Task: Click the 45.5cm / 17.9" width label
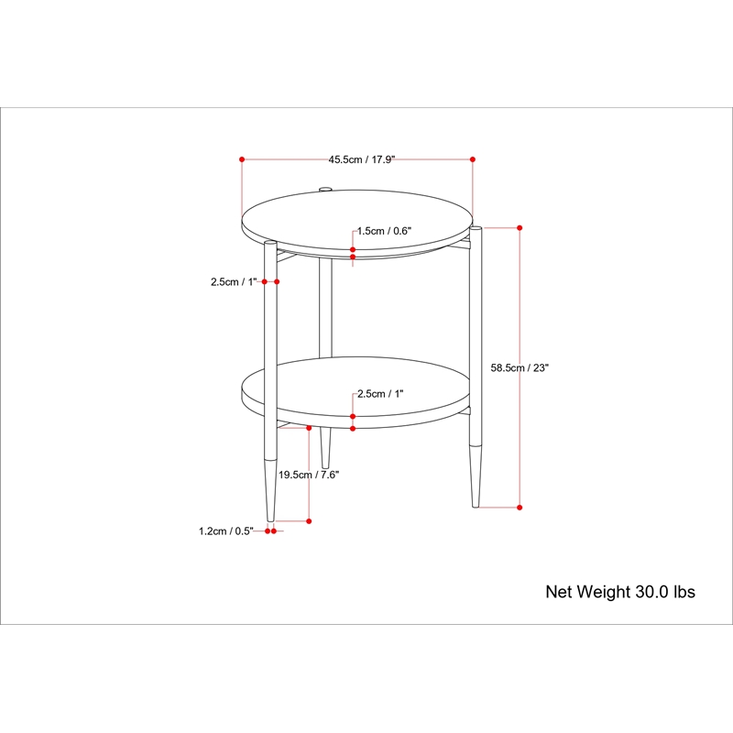click(361, 159)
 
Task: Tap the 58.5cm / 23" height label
click(520, 368)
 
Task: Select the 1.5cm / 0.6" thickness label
click(384, 231)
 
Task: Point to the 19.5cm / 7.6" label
click(309, 475)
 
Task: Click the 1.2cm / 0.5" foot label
click(225, 531)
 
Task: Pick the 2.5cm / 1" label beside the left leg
click(234, 282)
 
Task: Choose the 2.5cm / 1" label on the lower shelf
click(380, 394)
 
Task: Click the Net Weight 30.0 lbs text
click(620, 592)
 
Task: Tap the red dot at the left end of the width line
click(242, 159)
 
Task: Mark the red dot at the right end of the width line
click(473, 159)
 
